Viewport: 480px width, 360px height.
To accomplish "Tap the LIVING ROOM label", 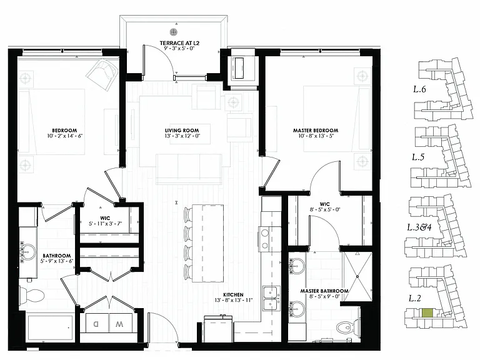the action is tap(182, 131).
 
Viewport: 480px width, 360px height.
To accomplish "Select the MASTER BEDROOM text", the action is tap(316, 131).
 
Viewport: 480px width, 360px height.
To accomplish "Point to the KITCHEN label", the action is tap(233, 295).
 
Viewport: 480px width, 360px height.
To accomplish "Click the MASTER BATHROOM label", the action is tap(324, 291).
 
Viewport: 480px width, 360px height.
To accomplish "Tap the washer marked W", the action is tap(120, 324).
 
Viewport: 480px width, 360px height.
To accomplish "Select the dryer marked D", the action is tap(97, 324).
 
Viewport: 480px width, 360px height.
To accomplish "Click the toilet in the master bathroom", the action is tap(348, 327).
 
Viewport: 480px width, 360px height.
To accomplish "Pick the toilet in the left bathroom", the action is tap(31, 296).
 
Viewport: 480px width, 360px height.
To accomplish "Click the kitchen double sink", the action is tap(272, 299).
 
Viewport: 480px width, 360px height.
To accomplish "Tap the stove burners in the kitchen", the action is tap(265, 239).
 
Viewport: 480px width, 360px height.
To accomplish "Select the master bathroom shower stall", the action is tap(357, 276).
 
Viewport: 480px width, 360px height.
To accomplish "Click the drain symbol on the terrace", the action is tap(174, 31).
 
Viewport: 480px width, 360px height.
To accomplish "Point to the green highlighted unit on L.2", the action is tap(427, 313).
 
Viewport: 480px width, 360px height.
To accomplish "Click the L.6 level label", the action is tap(419, 89).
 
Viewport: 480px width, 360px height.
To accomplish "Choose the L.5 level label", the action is tap(418, 157).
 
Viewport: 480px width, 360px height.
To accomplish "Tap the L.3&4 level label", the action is tap(419, 227).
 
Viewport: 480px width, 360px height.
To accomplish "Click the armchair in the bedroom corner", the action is tap(102, 74).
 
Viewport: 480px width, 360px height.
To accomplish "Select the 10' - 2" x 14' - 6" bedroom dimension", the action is tap(65, 136).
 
